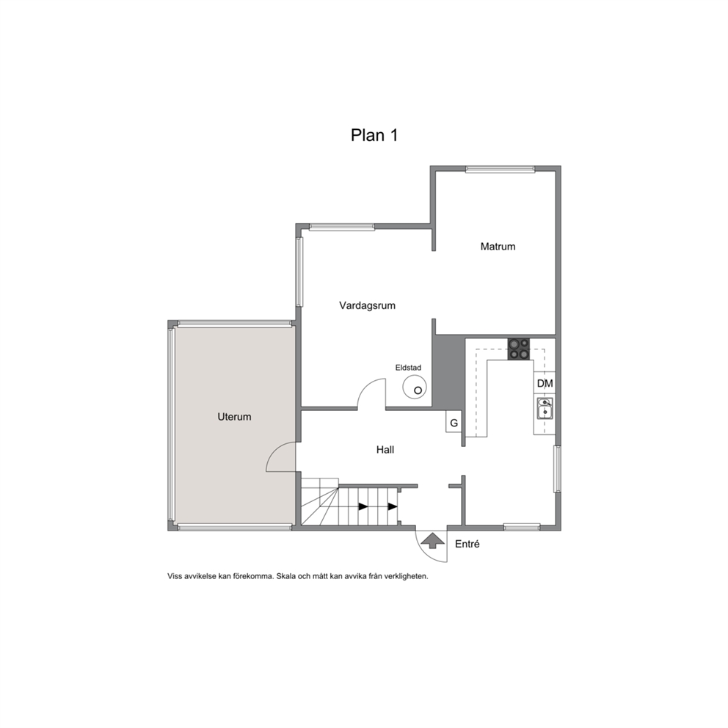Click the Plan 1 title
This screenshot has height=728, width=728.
[374, 135]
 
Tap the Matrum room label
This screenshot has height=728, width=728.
[498, 247]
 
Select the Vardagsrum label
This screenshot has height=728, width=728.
[367, 305]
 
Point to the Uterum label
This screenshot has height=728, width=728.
[234, 417]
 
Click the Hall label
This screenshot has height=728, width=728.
[385, 449]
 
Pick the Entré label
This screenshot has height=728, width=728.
[467, 544]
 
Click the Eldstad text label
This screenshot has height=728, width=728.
[408, 368]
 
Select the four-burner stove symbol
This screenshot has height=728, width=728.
[519, 349]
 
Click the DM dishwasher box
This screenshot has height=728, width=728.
[545, 384]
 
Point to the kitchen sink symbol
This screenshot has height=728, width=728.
[545, 409]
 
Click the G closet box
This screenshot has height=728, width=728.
[454, 423]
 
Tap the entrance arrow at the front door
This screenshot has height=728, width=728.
[433, 540]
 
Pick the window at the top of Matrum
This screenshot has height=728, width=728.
[500, 170]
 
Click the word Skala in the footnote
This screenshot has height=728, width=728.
[286, 577]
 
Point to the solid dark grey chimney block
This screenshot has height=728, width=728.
[448, 371]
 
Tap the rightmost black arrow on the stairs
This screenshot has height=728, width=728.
[393, 506]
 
